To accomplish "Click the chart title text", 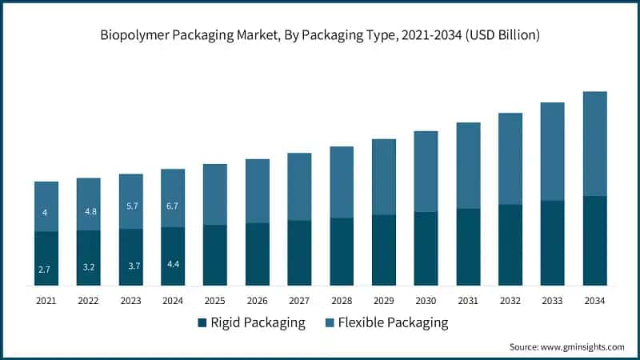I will point(320,35).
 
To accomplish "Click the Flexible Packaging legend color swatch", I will point(328,323).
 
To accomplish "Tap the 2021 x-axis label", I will point(46,300).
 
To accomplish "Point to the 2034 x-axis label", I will point(594,300).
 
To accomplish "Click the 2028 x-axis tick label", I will point(342,300).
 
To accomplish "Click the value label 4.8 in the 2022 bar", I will point(89,212).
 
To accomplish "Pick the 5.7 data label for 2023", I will point(131,206).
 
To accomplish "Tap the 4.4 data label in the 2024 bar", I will point(173,264).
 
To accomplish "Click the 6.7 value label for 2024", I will point(173,206).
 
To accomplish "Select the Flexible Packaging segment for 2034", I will point(594,144).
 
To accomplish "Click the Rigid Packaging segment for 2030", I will point(426,248).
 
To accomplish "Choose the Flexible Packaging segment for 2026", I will point(258,190).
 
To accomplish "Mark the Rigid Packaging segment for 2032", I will point(510,245).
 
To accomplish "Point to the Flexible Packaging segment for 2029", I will point(384,177).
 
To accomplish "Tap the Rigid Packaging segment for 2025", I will point(215,254).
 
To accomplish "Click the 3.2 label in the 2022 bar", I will point(89,267).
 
